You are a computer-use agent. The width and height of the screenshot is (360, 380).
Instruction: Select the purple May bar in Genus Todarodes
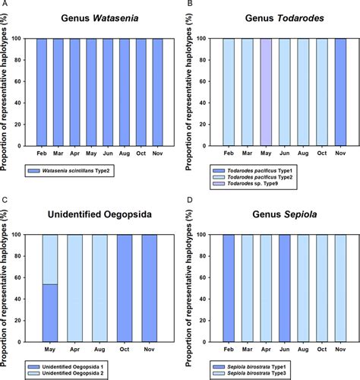point(265,91)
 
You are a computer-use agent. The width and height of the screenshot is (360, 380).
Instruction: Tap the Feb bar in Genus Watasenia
point(43,91)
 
